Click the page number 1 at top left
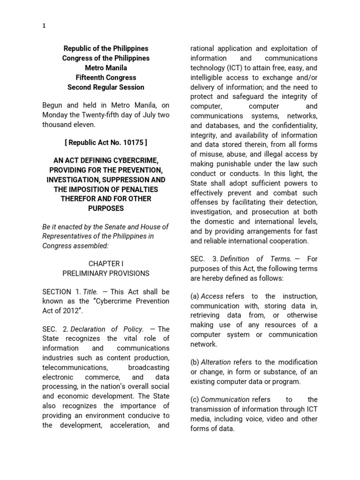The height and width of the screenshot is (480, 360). point(44,26)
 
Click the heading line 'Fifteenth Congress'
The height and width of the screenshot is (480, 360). point(105,77)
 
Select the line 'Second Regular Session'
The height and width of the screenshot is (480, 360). point(105,87)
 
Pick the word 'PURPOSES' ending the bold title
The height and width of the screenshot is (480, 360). point(105,208)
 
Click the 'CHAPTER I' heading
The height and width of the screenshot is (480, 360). point(105,264)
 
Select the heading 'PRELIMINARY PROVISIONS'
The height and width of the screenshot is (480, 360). point(105,273)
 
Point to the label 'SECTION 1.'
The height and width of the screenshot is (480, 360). point(61,292)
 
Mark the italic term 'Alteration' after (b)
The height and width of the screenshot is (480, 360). point(216,362)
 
